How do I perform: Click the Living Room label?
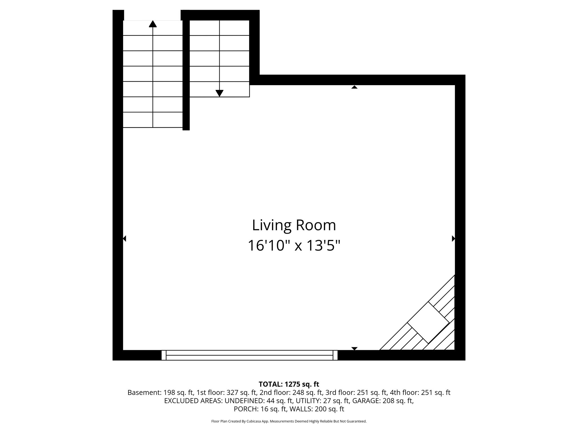click(x=294, y=225)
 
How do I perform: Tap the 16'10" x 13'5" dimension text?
click(x=294, y=246)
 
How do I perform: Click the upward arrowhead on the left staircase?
click(x=153, y=24)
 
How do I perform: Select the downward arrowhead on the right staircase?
click(x=219, y=93)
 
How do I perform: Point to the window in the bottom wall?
click(x=249, y=355)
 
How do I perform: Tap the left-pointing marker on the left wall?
click(x=124, y=238)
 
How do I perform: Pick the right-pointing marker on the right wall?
click(x=453, y=238)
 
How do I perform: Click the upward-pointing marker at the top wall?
click(x=354, y=87)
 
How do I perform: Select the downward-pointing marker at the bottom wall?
click(x=354, y=348)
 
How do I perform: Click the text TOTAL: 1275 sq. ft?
click(x=289, y=384)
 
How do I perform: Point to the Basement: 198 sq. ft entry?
click(x=160, y=393)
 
